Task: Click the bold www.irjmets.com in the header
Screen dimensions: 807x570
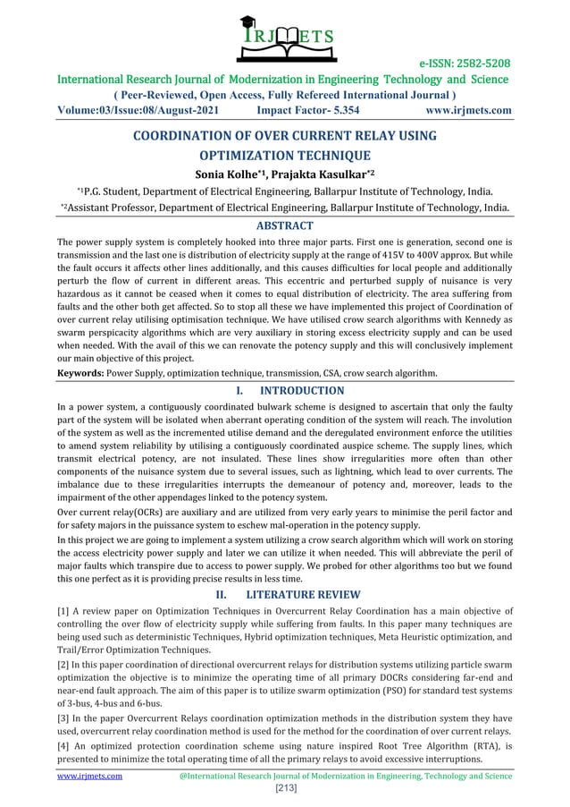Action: (x=469, y=112)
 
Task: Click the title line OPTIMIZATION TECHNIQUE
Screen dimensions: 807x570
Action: (x=284, y=155)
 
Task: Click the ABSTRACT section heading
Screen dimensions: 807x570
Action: (x=284, y=225)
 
